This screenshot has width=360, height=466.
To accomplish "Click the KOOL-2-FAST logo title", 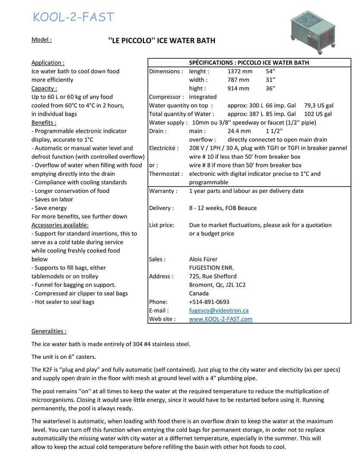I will click(73, 17).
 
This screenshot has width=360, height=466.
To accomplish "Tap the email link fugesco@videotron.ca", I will click(218, 311).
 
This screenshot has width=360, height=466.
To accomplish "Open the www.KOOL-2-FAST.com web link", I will click(221, 319).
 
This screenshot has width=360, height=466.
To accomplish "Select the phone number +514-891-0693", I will click(209, 302).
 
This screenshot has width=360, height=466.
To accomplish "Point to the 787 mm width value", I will click(238, 80).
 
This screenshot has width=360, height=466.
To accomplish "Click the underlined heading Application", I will click(48, 63).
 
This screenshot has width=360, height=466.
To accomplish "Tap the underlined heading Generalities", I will click(49, 331).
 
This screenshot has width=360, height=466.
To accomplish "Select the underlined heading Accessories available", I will click(60, 225).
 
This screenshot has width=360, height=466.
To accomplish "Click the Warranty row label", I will click(163, 191).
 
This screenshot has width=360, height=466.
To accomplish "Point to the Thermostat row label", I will click(166, 174).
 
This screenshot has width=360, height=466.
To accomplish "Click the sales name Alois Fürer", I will click(203, 259).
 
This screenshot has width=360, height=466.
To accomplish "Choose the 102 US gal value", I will click(318, 114).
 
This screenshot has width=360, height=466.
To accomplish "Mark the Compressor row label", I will click(166, 97).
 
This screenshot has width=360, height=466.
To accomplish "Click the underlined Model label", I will click(41, 40).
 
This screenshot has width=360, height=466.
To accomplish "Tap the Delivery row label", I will click(161, 208).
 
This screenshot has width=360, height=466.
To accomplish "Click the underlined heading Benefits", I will click(44, 123).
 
